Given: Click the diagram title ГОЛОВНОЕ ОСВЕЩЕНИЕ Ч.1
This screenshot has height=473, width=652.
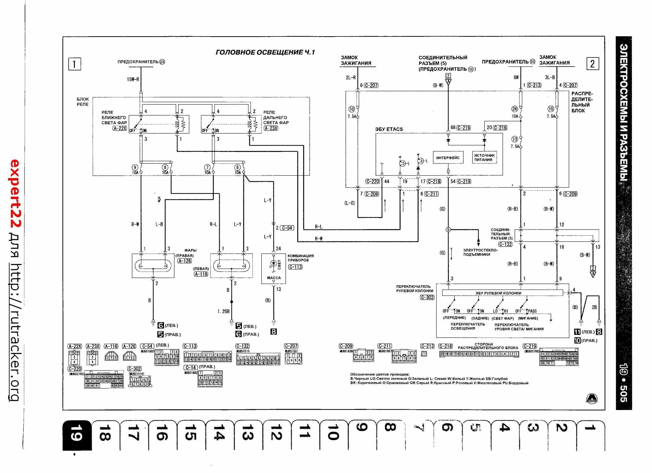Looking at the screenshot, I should point(265,52).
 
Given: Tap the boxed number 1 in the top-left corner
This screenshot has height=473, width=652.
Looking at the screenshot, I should point(74,64).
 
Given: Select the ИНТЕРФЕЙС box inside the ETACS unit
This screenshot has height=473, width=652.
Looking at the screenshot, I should point(448,158).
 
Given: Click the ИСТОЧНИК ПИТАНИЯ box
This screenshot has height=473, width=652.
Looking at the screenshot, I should point(484,157).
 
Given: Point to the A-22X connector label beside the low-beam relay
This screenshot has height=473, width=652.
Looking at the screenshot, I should point(120,128).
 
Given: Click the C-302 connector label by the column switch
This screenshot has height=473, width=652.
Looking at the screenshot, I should point(427,298).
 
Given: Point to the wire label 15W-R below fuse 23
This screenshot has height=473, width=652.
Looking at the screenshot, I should point(133,79).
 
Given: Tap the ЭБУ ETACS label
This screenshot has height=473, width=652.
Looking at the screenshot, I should point(389,129).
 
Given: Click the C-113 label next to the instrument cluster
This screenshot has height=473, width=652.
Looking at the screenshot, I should point(295,267).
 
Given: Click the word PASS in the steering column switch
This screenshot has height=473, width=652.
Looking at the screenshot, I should point(532,311).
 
